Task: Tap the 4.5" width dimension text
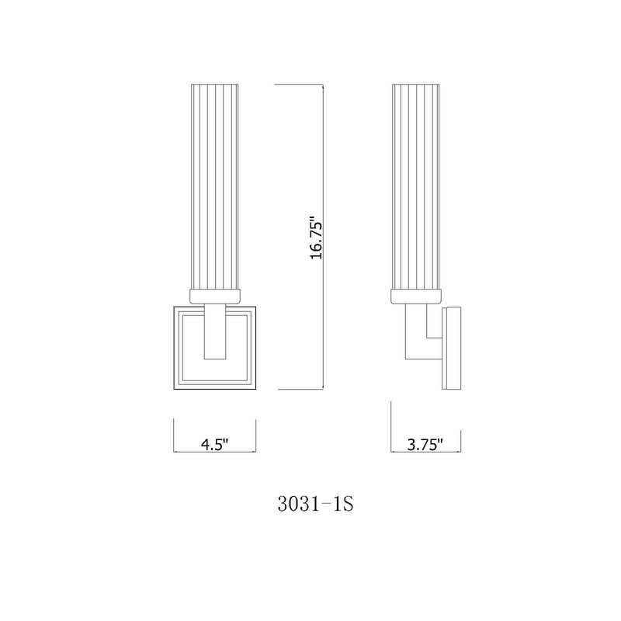(x=214, y=445)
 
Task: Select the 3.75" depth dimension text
(x=425, y=445)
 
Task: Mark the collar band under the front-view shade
(x=214, y=295)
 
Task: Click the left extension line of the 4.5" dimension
(x=172, y=435)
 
